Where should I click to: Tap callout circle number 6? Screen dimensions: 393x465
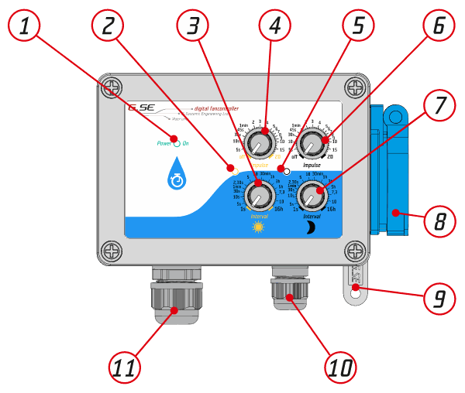(x=439, y=26)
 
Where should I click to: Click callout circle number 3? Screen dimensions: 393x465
(x=192, y=26)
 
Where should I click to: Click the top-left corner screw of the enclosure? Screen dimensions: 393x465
(x=112, y=86)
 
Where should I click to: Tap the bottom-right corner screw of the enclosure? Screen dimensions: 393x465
(x=355, y=250)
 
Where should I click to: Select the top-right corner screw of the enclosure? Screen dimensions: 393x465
(x=355, y=86)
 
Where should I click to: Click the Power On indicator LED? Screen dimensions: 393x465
(x=177, y=143)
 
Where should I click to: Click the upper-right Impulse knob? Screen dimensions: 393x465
(x=312, y=142)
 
